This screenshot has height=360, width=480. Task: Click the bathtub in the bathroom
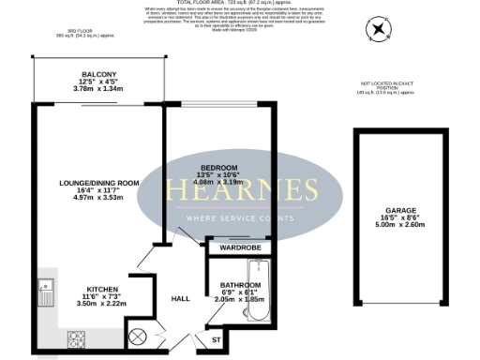pyautogui.click(x=264, y=292)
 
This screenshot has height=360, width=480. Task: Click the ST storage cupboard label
pyautogui.click(x=216, y=339)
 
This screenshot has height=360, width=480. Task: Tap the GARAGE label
pyautogui.click(x=399, y=211)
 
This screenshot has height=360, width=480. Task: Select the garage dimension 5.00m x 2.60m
pyautogui.click(x=399, y=226)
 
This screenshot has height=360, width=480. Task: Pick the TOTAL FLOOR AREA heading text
pyautogui.click(x=240, y=4)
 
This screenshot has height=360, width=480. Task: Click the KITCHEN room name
pyautogui.click(x=101, y=289)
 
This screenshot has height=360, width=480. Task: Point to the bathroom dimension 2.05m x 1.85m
pyautogui.click(x=241, y=298)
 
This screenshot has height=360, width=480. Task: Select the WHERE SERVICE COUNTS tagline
pyautogui.click(x=243, y=217)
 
